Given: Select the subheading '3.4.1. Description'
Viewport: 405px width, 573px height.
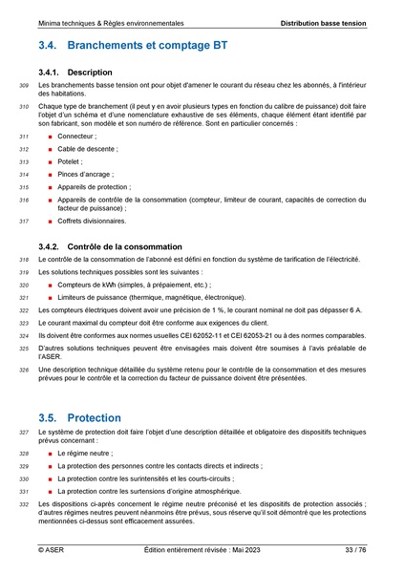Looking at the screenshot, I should (x=76, y=73).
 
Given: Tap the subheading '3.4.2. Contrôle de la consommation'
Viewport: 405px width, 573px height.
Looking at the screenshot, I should (x=111, y=246).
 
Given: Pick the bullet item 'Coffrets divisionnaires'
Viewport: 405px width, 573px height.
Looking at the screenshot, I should (x=92, y=221).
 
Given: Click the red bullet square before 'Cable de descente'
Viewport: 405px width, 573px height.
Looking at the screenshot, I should (x=49, y=150).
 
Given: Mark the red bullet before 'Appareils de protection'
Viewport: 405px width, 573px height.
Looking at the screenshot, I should (x=49, y=187).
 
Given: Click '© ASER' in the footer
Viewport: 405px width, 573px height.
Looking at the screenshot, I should (x=52, y=550).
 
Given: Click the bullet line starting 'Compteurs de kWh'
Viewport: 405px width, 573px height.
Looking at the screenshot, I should (x=134, y=285).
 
